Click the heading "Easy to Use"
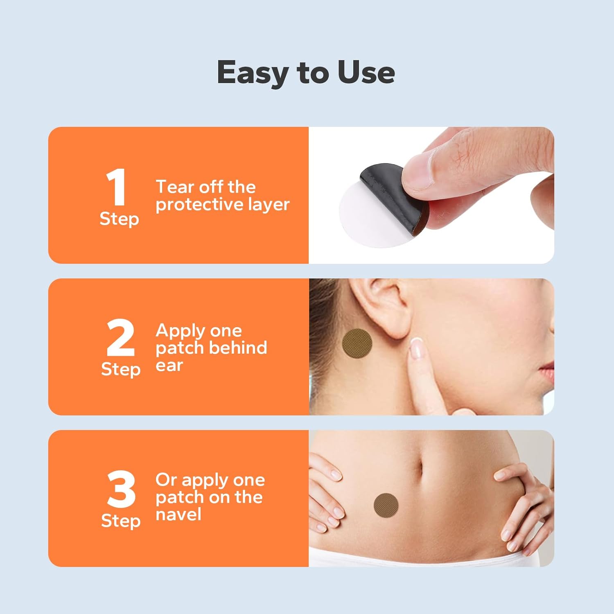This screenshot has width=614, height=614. [306, 73]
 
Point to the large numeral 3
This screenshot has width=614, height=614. [121, 489]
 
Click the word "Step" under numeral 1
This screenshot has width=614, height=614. [120, 219]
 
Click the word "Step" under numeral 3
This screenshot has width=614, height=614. [121, 521]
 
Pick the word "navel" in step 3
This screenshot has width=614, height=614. [178, 515]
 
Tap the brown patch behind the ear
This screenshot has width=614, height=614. [357, 343]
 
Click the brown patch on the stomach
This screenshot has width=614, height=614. [386, 505]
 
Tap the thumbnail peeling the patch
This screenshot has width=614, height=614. [416, 169]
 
